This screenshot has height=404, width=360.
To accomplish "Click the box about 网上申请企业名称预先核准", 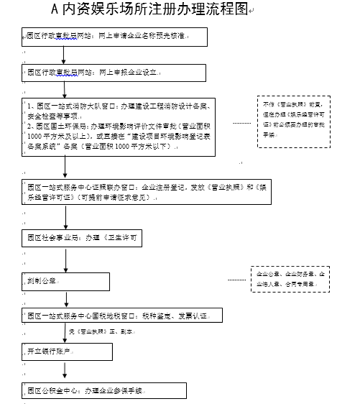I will point(108,36).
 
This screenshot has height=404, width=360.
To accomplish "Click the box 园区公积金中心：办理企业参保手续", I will point(104,390).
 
